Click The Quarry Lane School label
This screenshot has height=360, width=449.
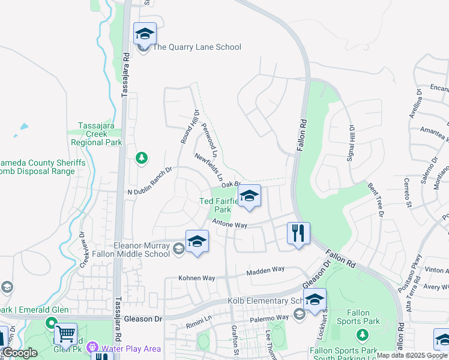click(197, 47)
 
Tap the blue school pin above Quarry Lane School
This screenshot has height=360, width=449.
click(145, 34)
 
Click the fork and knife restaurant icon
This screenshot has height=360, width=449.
click(298, 232)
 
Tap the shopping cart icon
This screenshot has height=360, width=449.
click(65, 333)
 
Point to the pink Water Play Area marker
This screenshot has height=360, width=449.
click(92, 347)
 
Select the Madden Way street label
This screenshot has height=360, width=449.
click(265, 270)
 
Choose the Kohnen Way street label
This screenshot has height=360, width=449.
click(197, 278)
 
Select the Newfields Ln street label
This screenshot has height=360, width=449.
click(209, 168)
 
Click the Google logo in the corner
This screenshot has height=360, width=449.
click(20, 353)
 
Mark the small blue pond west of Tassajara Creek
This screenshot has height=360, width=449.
click(23, 127)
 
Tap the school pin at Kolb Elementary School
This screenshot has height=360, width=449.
click(315, 299)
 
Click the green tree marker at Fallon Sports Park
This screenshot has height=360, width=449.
click(361, 334)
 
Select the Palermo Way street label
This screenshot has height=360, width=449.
click(270, 317)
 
